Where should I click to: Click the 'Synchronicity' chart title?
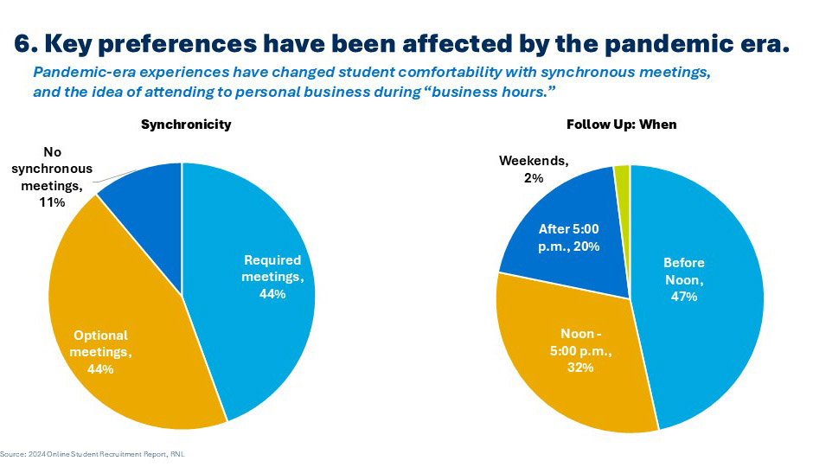(186, 125)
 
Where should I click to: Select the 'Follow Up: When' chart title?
(621, 125)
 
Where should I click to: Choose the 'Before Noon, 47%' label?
(684, 279)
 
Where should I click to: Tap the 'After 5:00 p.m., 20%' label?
(569, 237)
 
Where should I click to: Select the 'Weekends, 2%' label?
(534, 169)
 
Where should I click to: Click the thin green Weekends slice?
(622, 173)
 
